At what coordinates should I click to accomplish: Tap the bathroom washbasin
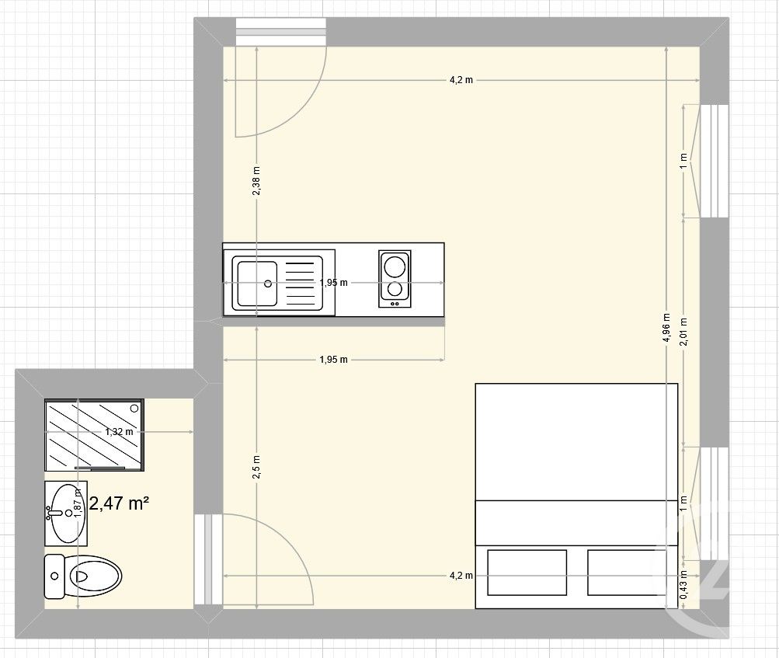[65, 513]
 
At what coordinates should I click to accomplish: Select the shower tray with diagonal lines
[93, 435]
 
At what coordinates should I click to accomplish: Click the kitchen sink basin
[256, 284]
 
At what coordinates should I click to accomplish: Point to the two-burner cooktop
[395, 278]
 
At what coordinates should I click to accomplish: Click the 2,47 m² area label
[120, 503]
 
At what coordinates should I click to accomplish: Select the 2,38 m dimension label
[256, 182]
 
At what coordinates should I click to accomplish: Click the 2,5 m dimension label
[256, 467]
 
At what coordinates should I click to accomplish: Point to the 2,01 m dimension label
[683, 332]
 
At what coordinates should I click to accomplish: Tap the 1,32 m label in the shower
[120, 432]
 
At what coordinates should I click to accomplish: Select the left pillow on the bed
[527, 573]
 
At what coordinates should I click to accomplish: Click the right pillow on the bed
[627, 573]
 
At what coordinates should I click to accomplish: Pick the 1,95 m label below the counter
[333, 360]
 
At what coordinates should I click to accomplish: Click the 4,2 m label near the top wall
[461, 81]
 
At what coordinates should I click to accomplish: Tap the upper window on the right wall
[714, 161]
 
